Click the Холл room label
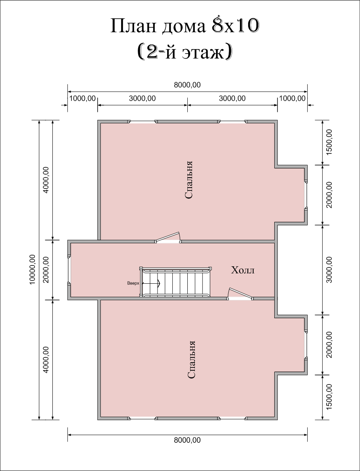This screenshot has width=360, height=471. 243,270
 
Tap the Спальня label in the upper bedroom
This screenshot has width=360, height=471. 189,180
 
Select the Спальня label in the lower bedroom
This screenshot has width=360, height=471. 191,359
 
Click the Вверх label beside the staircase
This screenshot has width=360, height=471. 133,283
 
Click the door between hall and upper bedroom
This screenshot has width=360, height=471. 167,237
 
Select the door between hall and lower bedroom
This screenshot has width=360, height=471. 241,294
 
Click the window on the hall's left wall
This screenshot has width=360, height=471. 69,270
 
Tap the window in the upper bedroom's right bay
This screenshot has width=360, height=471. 306,195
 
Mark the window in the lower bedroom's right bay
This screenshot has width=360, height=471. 306,345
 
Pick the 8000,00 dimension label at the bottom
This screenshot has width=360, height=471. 187,440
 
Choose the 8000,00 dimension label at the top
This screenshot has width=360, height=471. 187,85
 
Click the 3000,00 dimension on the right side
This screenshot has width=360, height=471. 329,270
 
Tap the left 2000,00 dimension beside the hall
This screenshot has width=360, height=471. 46,270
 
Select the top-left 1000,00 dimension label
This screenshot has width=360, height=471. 83,98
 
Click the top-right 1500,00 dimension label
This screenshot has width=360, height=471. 329,142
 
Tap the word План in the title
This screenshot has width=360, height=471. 133,26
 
